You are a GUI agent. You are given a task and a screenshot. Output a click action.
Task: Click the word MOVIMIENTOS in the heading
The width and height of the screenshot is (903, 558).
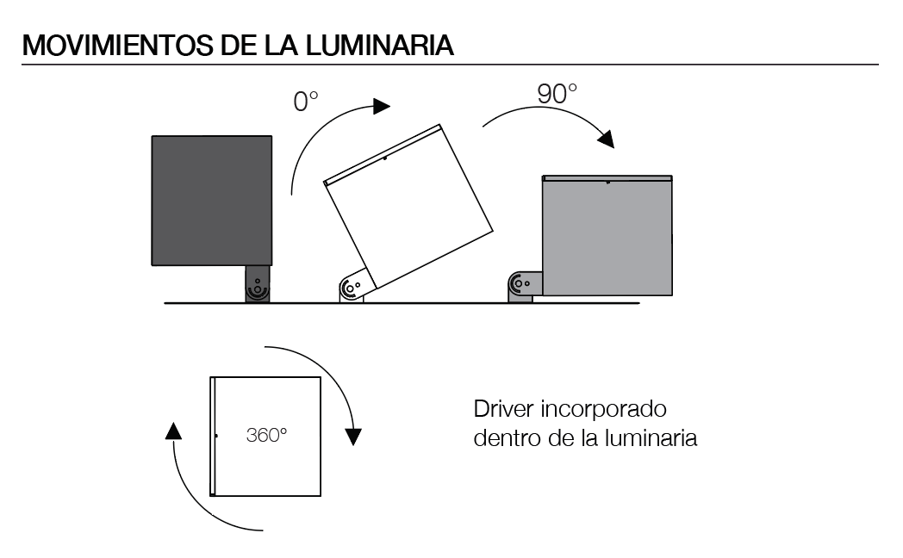(117, 46)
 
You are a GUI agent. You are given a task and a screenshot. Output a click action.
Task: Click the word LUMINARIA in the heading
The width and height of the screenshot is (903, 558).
(380, 46)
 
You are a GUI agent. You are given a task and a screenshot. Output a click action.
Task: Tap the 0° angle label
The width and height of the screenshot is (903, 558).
(306, 102)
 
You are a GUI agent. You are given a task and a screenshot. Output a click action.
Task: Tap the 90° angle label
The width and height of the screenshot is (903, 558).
(557, 94)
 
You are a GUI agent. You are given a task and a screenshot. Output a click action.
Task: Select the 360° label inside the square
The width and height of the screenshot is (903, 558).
(266, 435)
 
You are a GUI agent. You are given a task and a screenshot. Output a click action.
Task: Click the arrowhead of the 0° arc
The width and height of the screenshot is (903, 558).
(381, 106)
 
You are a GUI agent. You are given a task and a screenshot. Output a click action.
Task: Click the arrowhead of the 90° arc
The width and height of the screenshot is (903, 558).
(606, 139)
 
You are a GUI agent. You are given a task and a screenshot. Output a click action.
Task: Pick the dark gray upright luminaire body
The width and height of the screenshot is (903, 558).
(212, 201)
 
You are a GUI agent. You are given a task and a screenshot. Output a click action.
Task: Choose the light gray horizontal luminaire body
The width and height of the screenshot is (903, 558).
(607, 236)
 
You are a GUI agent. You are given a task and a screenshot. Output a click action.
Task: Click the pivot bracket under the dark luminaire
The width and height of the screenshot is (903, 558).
(258, 284)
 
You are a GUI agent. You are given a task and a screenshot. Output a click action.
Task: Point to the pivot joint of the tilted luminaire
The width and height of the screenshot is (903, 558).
(353, 286)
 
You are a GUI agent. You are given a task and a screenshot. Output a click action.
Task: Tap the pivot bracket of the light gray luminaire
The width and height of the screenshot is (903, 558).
(525, 287)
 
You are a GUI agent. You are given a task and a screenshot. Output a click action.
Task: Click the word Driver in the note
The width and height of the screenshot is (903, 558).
(504, 409)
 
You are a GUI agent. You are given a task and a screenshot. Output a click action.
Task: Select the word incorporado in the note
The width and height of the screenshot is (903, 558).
(603, 410)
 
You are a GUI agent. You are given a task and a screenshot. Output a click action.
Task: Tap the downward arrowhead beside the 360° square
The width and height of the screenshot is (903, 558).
(353, 437)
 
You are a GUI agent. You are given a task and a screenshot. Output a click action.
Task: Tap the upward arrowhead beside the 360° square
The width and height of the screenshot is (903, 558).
(173, 431)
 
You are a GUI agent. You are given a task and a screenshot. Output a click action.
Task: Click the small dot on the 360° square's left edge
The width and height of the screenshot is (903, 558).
(216, 436)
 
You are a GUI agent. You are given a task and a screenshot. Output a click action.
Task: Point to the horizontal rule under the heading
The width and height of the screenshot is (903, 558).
(451, 65)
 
